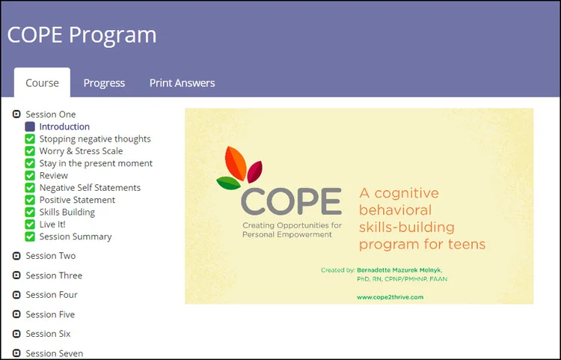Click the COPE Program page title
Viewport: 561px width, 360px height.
click(82, 35)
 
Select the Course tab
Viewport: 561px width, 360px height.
click(42, 83)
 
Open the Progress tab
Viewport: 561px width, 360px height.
click(104, 83)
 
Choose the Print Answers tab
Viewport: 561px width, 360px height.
click(182, 83)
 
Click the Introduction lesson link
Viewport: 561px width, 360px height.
click(64, 126)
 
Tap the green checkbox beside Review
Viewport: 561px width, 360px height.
click(30, 175)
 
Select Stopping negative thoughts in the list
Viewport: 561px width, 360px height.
click(95, 138)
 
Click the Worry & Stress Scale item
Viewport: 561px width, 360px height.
click(81, 151)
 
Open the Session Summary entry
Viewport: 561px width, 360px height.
click(76, 237)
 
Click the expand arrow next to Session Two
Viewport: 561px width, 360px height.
click(16, 256)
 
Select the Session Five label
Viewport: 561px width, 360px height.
click(50, 314)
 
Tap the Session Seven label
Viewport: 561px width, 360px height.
click(54, 353)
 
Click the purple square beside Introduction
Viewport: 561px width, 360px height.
click(30, 126)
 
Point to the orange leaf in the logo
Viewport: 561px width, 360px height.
click(233, 161)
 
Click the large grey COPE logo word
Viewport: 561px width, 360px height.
click(291, 201)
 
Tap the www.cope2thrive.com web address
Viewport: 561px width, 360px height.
click(390, 296)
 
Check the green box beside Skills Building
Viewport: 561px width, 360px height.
click(30, 212)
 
